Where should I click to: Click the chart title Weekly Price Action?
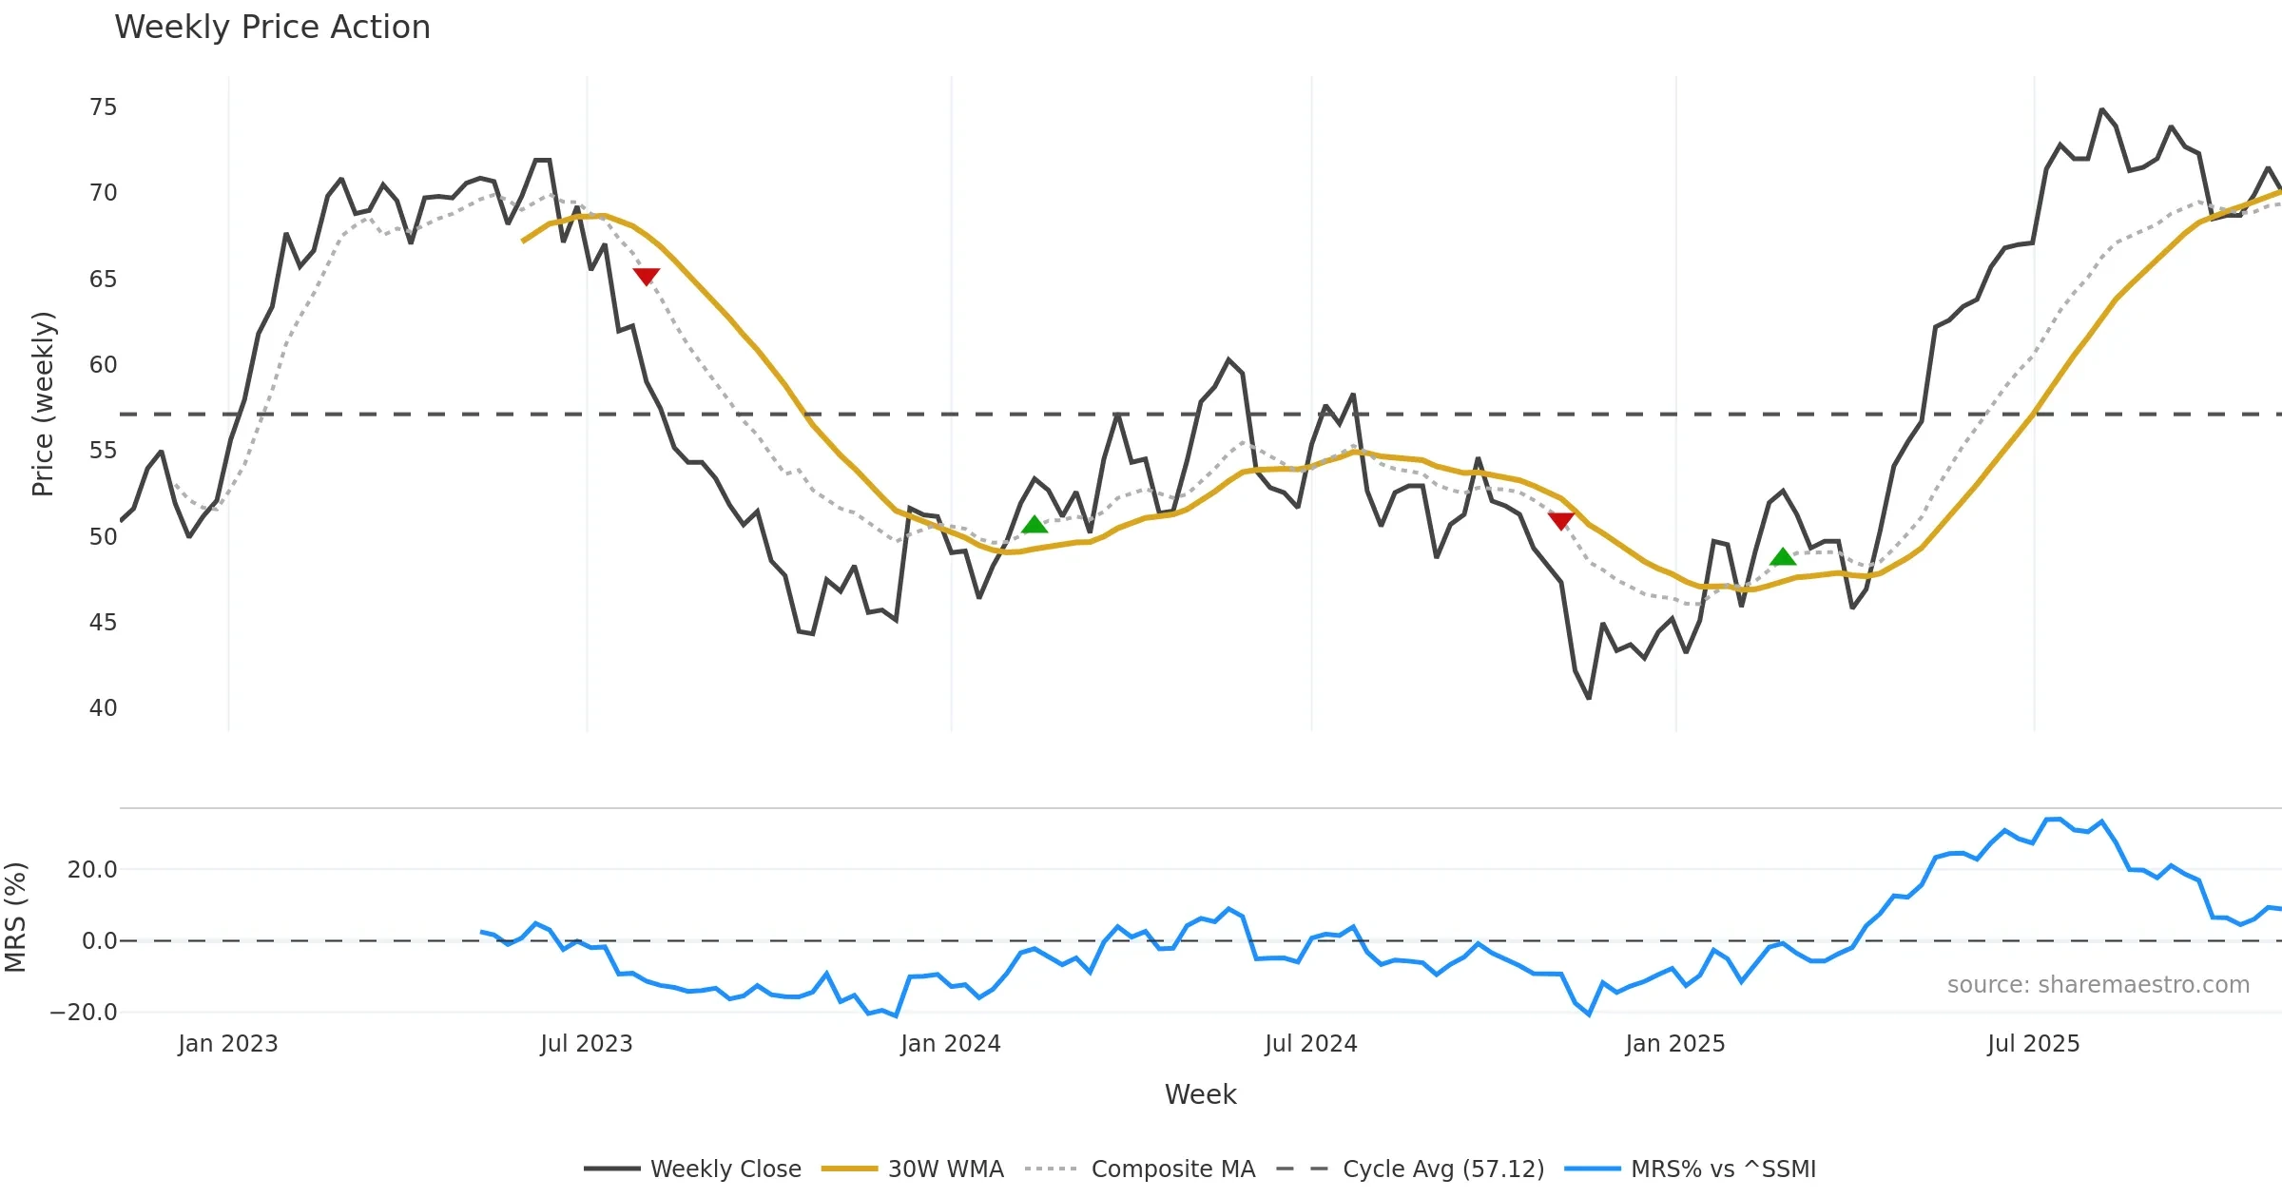(x=272, y=28)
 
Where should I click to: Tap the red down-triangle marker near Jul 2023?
(x=646, y=276)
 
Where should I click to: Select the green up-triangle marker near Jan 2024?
(x=1035, y=525)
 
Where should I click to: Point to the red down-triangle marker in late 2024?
(x=1561, y=520)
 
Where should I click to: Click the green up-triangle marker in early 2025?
(x=1783, y=556)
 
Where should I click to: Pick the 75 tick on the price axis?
(x=104, y=107)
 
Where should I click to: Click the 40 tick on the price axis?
(x=104, y=708)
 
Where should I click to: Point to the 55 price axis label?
(x=104, y=451)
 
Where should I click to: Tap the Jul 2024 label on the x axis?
(x=1310, y=1044)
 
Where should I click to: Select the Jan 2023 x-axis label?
(x=228, y=1044)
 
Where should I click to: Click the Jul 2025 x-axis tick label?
(x=2033, y=1044)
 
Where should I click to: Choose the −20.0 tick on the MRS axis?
(x=84, y=1013)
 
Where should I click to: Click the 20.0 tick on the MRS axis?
(x=92, y=870)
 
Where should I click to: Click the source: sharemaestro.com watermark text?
(x=2098, y=985)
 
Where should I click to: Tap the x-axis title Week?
(x=1200, y=1095)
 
